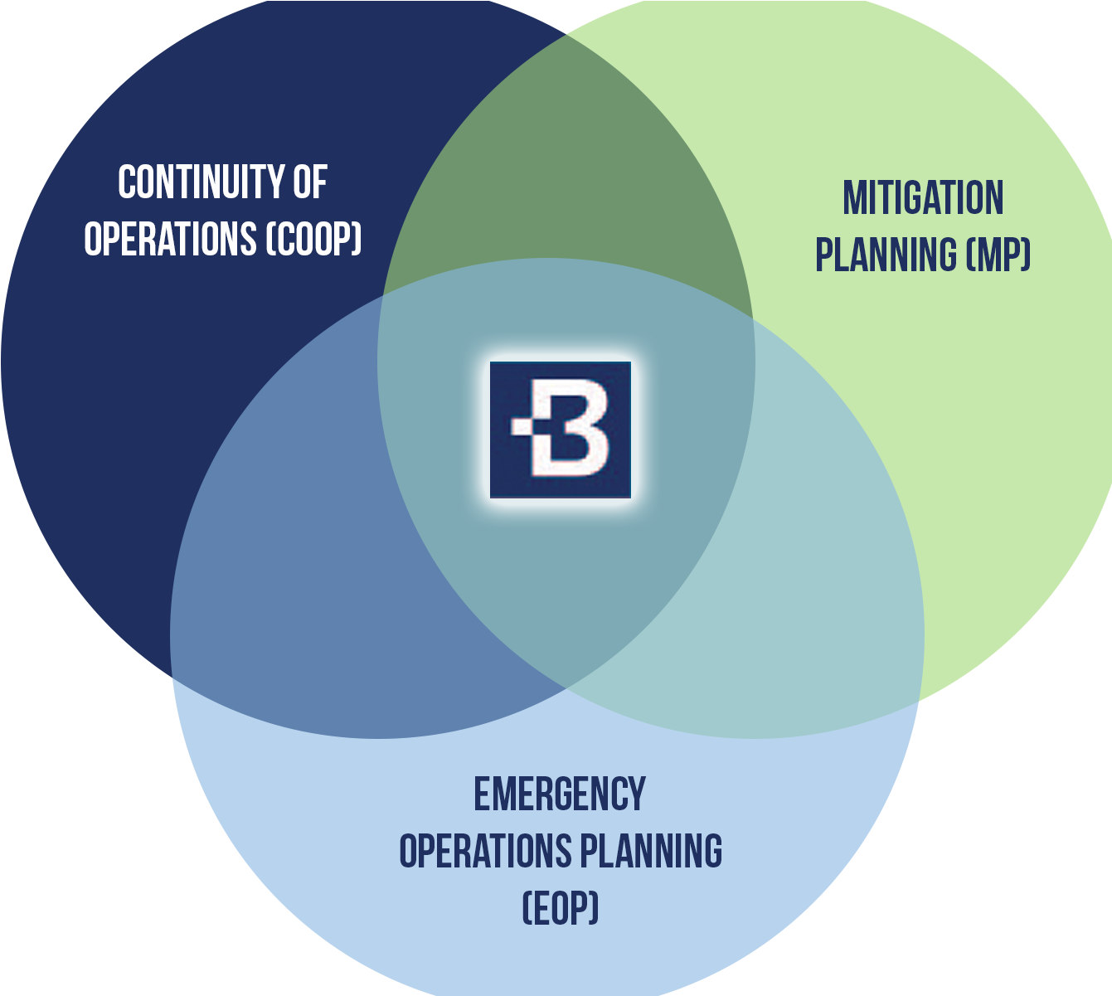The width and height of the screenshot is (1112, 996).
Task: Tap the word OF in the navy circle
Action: pos(310,182)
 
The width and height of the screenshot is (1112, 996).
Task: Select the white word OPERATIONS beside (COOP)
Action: pos(170,240)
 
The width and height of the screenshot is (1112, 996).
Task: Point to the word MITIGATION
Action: pos(923,199)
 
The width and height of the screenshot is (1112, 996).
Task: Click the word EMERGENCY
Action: pos(560,794)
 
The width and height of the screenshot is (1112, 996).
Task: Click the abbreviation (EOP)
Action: pos(560,909)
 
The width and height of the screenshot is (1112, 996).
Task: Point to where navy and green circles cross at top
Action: pos(566,35)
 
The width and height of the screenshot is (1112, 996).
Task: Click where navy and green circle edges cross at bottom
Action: pos(566,688)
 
